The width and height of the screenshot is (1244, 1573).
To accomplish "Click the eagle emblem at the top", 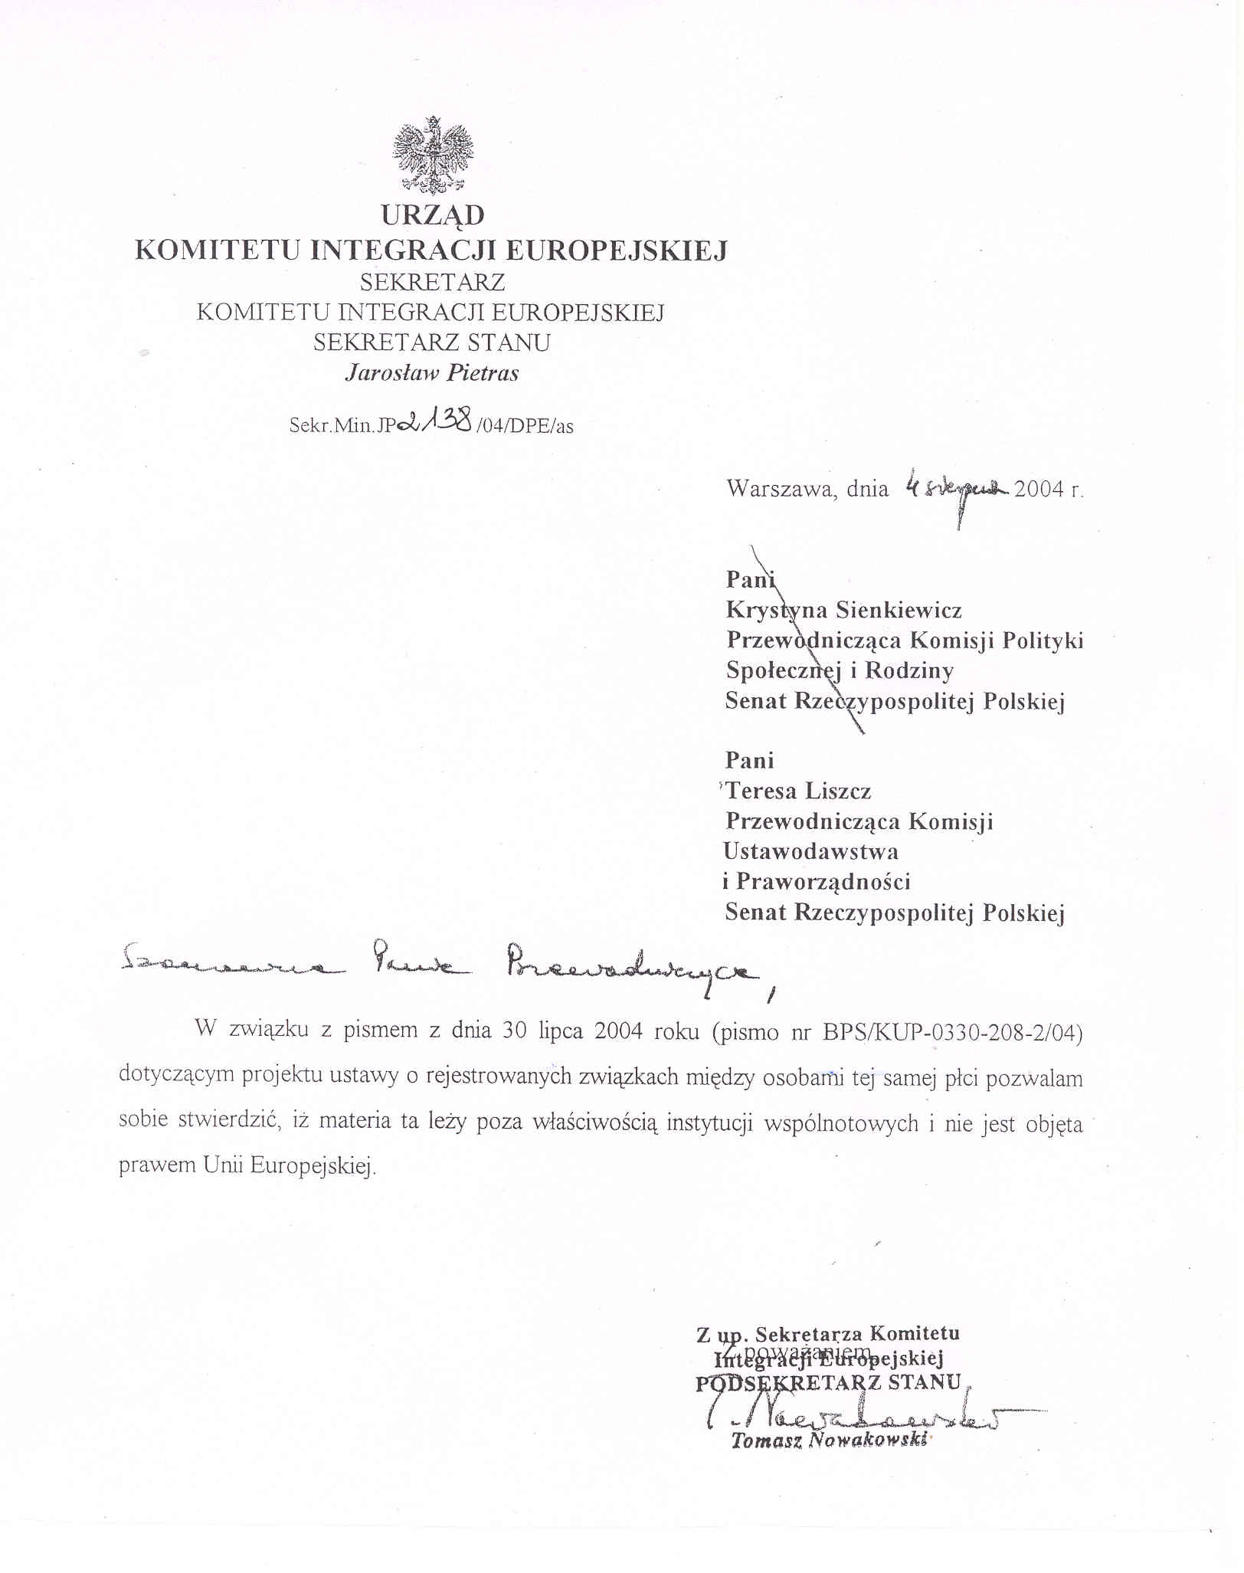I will tap(433, 156).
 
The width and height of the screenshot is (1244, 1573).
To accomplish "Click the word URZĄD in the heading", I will tap(433, 215).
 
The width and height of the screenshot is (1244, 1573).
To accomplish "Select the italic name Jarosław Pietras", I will tap(432, 373).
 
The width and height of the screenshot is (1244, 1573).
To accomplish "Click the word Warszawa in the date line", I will tap(781, 489).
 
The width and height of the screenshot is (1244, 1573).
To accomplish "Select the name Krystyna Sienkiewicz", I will tap(843, 610).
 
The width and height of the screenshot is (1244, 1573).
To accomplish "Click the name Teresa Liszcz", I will tap(798, 791).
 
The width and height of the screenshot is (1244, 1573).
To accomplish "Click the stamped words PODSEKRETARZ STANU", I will tap(828, 1383).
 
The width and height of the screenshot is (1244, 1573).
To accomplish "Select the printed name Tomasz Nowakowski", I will tap(829, 1440).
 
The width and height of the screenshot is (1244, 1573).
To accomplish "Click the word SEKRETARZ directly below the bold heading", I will tap(432, 283).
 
